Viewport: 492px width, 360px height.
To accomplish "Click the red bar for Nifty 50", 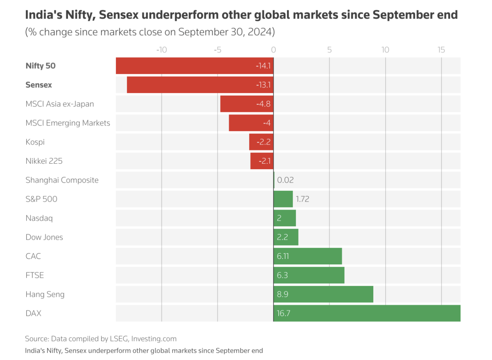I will pos(194,66).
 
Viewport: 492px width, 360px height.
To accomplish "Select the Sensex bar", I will pos(200,85).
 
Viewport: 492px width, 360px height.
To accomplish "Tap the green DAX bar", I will pos(367,313).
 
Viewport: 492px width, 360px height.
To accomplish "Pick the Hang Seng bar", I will pos(323,294).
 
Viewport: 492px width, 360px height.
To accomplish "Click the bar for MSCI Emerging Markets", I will pos(251,123).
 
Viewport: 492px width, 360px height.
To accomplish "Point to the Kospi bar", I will pos(261,142).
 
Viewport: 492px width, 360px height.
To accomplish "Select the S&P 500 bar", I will pos(283,199).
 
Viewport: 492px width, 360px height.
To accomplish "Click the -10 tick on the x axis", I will pos(161,50).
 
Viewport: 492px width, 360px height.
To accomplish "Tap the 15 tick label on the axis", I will pos(441,50).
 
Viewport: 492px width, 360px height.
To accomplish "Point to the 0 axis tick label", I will pos(274,50).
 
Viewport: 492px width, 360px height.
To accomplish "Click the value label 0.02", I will pos(285,180).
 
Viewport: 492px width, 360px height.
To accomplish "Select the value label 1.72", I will pos(302,199).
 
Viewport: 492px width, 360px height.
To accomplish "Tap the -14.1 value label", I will pos(263,66).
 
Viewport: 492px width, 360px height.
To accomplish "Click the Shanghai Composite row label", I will pos(62,180).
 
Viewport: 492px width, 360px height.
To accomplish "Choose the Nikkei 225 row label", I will pos(44,161).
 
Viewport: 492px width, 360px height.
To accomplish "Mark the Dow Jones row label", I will pos(44,237).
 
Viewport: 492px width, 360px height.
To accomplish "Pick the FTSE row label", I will pos(35,275).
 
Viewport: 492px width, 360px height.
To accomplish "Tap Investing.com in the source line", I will pos(154,339).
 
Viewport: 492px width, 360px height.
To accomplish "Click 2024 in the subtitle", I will pos(260,32).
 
